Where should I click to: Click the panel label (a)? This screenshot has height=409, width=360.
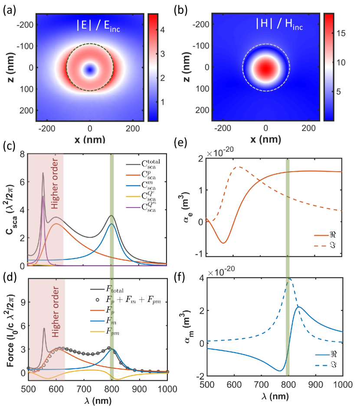tap(10, 6)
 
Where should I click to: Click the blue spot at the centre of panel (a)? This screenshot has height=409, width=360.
tap(90, 69)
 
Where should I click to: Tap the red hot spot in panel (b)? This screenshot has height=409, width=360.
tap(266, 68)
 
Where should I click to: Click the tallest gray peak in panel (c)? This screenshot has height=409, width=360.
tap(43, 173)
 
